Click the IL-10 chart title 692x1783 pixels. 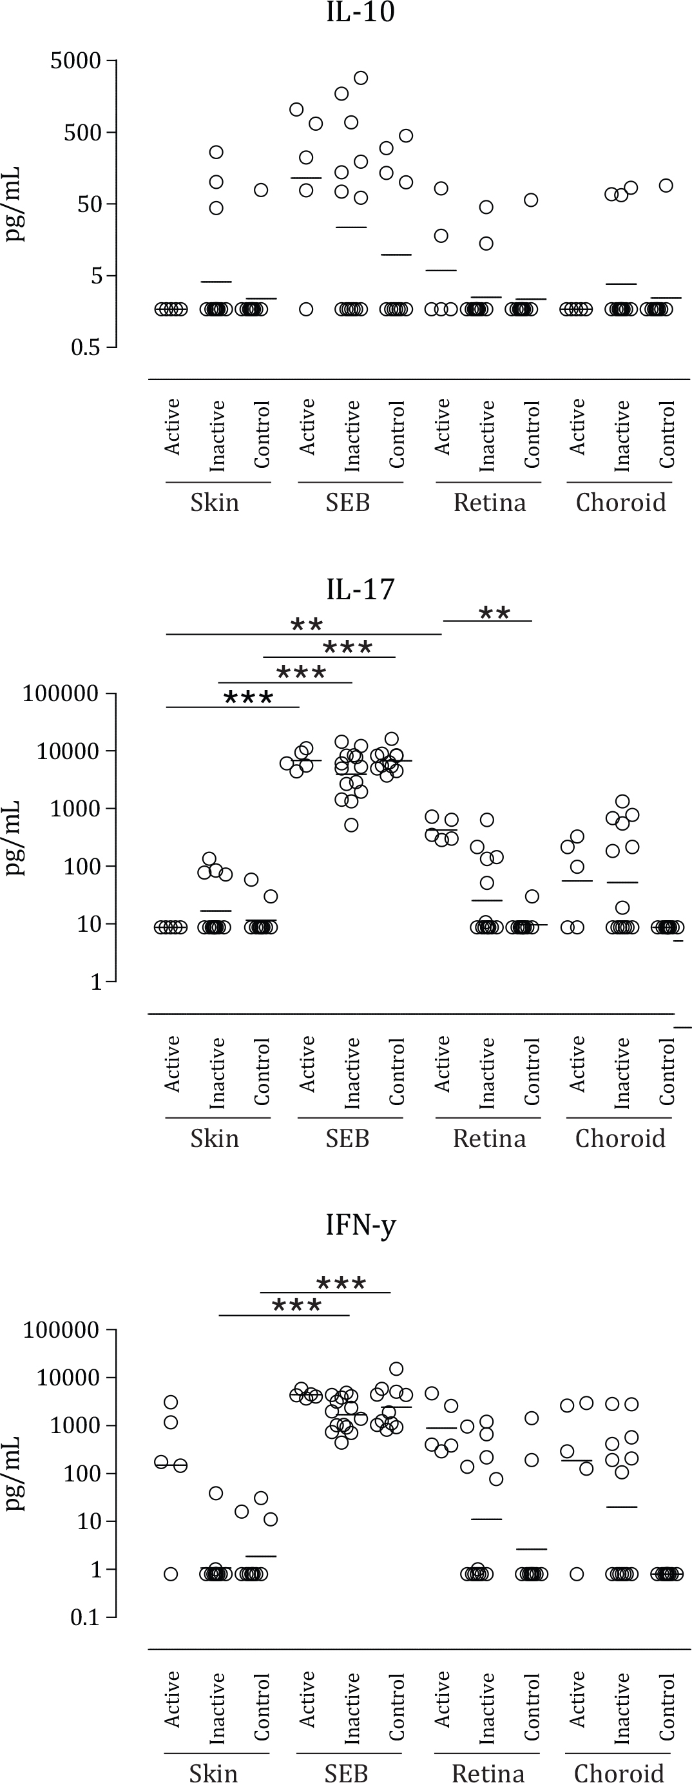pos(361,12)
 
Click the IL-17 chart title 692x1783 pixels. pos(361,589)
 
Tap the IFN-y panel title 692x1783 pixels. pos(361,1224)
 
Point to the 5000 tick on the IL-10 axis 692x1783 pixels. pos(75,61)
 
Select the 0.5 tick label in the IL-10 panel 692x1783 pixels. pos(85,347)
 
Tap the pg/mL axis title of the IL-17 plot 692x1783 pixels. pos(14,838)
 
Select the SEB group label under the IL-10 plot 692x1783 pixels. pos(347,503)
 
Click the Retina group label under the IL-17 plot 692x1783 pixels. pos(489,1139)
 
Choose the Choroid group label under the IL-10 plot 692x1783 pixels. pos(620,503)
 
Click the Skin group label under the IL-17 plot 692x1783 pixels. pos(215,1139)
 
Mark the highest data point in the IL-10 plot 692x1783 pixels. pos(361,77)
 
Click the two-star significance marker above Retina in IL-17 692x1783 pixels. pos(494,613)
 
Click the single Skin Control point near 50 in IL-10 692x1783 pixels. pos(261,189)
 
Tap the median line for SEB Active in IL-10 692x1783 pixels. pos(306,178)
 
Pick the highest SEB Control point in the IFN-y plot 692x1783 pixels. pos(396,1369)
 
